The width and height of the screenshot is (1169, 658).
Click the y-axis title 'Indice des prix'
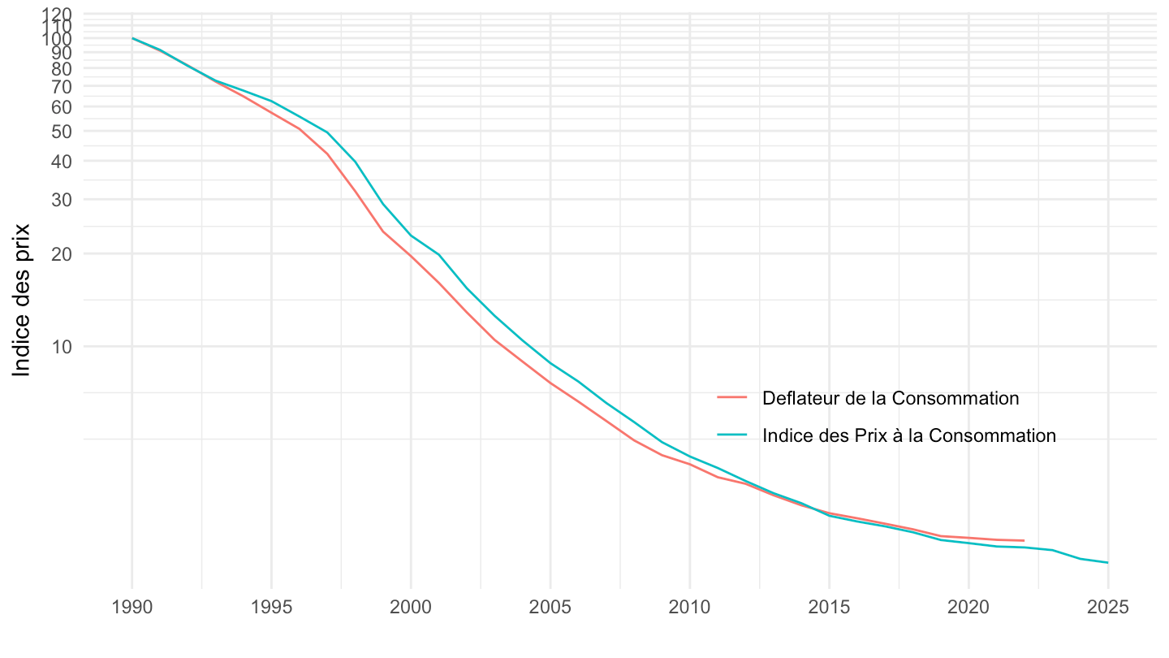pyautogui.click(x=22, y=301)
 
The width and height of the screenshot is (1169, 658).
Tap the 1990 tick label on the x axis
pyautogui.click(x=132, y=608)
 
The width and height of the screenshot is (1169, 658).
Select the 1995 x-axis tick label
pyautogui.click(x=271, y=608)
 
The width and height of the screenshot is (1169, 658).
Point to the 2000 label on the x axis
pyautogui.click(x=411, y=608)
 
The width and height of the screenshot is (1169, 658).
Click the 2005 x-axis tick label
pyautogui.click(x=550, y=608)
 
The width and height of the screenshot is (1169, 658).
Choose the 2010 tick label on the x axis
pyautogui.click(x=690, y=608)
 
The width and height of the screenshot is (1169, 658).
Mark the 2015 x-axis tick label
pyautogui.click(x=829, y=608)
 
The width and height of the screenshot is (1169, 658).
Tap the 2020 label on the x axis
pyautogui.click(x=968, y=608)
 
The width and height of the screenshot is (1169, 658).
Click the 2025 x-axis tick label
pyautogui.click(x=1107, y=608)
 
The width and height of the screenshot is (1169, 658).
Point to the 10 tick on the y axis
pyautogui.click(x=63, y=347)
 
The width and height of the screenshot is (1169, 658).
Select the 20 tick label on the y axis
pyautogui.click(x=63, y=254)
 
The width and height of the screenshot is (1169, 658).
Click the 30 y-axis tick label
pyautogui.click(x=63, y=200)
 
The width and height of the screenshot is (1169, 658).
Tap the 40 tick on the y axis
pyautogui.click(x=63, y=162)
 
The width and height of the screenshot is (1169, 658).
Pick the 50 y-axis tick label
pyautogui.click(x=63, y=132)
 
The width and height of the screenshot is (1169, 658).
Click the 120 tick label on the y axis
pyautogui.click(x=58, y=15)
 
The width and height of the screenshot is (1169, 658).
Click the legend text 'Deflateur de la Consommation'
pyautogui.click(x=891, y=398)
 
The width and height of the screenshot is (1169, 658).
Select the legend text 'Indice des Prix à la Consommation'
pyautogui.click(x=909, y=435)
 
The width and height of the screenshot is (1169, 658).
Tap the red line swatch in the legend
pyautogui.click(x=731, y=398)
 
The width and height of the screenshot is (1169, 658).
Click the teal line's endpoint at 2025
pyautogui.click(x=1107, y=562)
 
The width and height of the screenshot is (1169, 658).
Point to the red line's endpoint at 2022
pyautogui.click(x=1024, y=540)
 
